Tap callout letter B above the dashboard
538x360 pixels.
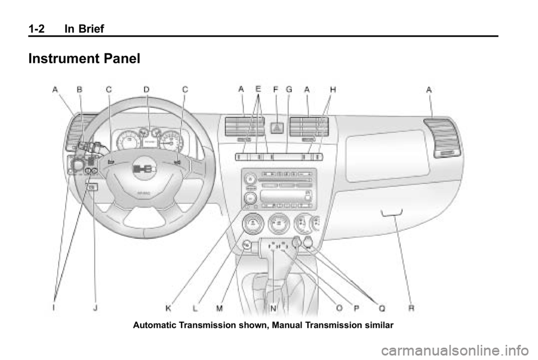(x=80, y=89)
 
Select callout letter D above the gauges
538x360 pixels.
(x=146, y=89)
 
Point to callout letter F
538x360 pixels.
(x=276, y=89)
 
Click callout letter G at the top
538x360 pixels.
(x=289, y=89)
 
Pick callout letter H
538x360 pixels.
(x=333, y=89)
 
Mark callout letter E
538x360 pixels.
(x=258, y=89)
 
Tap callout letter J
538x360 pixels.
(x=96, y=307)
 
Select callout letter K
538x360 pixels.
(x=168, y=307)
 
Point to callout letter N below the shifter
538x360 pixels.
(x=273, y=307)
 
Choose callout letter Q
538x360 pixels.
(x=382, y=307)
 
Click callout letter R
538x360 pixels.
(x=411, y=307)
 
